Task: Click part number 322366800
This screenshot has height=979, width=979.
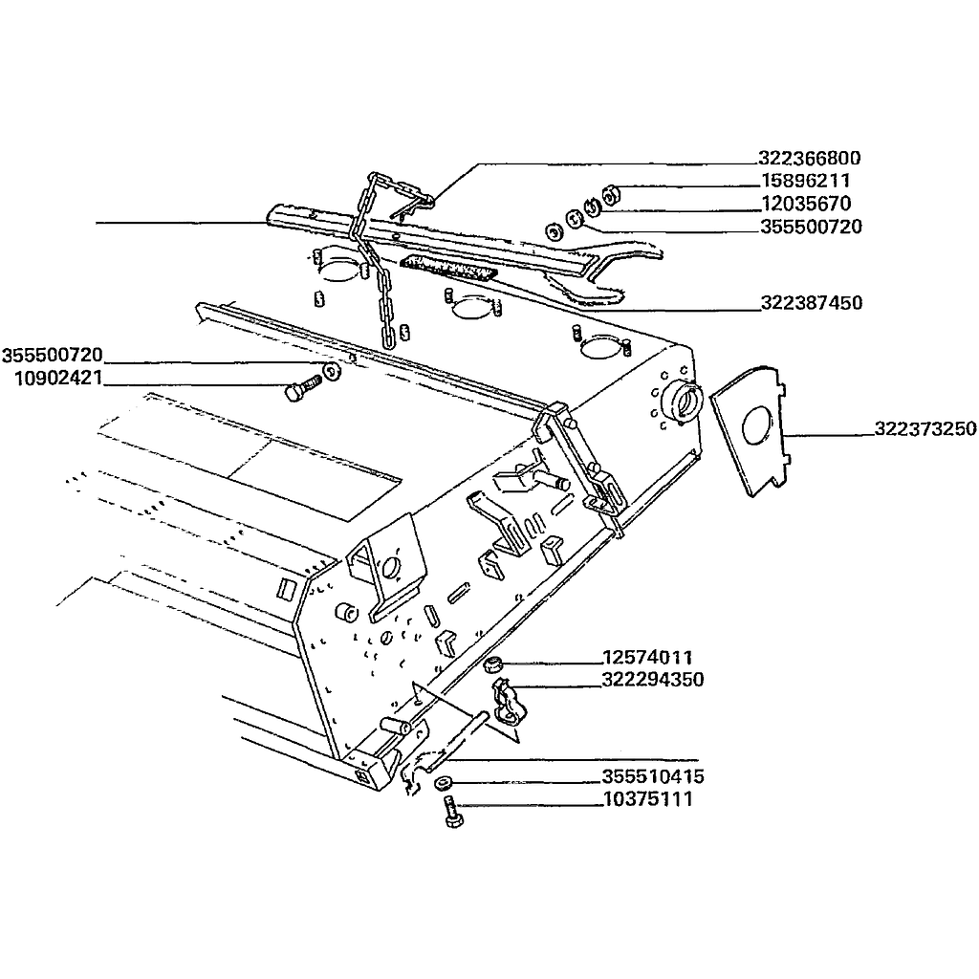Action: [810, 158]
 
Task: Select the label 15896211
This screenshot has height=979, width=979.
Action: [806, 181]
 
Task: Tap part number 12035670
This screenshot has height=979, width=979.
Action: [807, 204]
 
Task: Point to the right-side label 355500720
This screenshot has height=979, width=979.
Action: [811, 227]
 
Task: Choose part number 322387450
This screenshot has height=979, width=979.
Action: [812, 303]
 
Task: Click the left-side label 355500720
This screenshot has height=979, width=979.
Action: [53, 356]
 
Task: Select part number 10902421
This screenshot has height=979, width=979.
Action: [58, 379]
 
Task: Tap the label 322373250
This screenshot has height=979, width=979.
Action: [925, 429]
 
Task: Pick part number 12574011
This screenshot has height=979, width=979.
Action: [647, 658]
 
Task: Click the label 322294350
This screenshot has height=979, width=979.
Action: [653, 680]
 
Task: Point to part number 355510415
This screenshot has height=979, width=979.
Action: [653, 776]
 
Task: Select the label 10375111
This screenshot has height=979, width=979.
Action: [648, 799]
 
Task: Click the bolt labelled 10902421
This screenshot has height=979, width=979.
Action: [301, 386]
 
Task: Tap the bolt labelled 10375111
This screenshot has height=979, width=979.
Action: [453, 813]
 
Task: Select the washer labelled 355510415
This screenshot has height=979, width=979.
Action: [443, 781]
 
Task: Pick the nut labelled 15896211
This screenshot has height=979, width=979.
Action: [611, 193]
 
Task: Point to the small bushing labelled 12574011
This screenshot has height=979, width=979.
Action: [494, 665]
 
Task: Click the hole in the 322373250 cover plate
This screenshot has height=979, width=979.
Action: [757, 425]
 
